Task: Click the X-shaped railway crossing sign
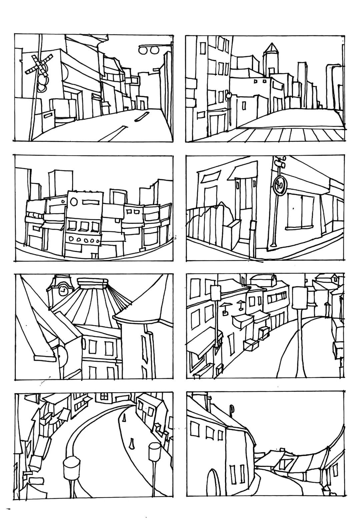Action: tap(39, 63)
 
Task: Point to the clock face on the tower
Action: tap(63, 291)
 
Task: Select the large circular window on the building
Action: tap(74, 201)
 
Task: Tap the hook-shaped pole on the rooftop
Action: tap(231, 409)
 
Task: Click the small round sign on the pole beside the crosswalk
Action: tap(228, 95)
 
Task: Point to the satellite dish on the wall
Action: tap(62, 354)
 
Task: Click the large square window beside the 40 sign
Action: tap(301, 211)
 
